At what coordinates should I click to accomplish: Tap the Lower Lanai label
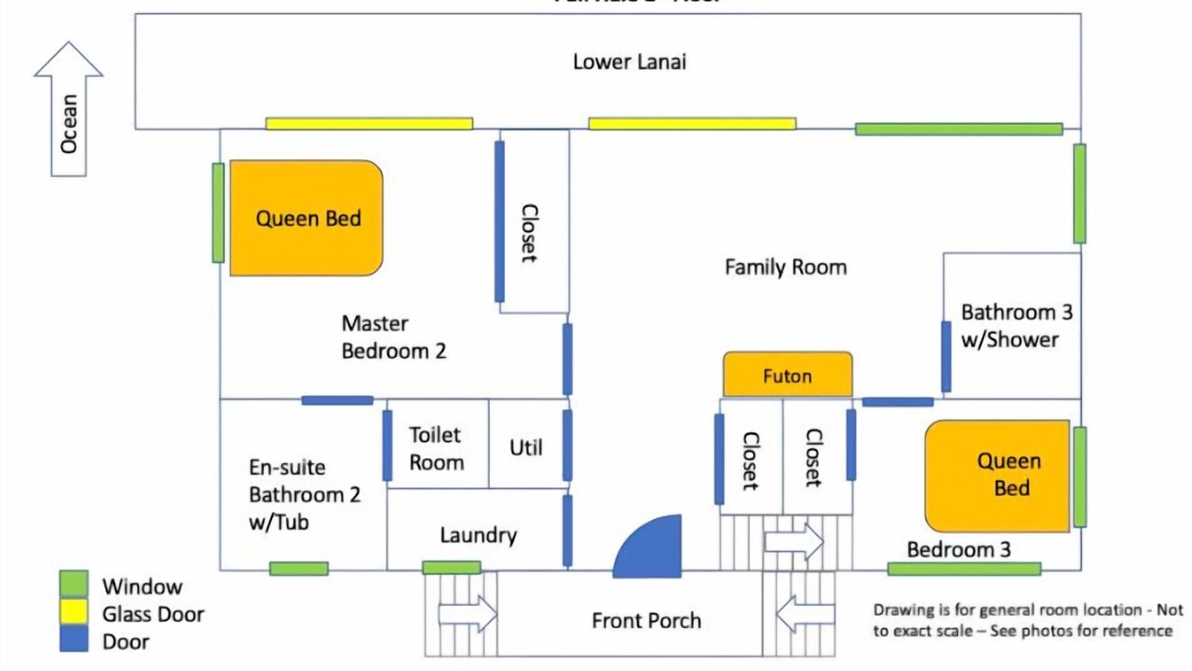[x=630, y=62]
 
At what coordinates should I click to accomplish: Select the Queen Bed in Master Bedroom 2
[x=306, y=218]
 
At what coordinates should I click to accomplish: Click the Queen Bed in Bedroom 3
[x=997, y=475]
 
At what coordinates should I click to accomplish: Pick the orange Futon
[x=787, y=375]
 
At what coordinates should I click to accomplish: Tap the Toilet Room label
[x=436, y=447]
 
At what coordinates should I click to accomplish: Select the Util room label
[x=526, y=447]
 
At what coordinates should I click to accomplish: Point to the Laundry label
[x=478, y=535]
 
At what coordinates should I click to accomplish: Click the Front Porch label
[x=646, y=621]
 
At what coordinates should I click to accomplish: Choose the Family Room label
[x=786, y=267]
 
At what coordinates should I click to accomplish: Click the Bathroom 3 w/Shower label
[x=1010, y=325]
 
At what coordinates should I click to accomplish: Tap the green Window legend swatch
[x=74, y=585]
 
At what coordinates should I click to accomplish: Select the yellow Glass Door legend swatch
[x=74, y=612]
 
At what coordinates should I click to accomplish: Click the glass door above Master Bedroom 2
[x=369, y=123]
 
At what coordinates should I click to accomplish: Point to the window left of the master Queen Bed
[x=218, y=212]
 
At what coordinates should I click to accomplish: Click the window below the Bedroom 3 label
[x=964, y=568]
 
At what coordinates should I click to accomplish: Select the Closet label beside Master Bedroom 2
[x=528, y=233]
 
